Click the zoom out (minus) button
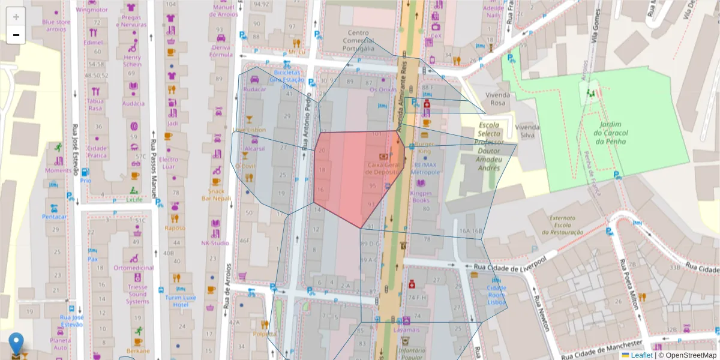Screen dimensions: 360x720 (16, 35)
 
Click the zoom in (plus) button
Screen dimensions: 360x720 (16, 16)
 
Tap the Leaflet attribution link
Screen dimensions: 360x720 (641, 355)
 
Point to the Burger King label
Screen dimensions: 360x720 (425, 148)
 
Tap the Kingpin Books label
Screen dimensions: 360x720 (421, 197)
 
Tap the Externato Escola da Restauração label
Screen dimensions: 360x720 (563, 225)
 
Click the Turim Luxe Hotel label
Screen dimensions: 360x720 (181, 301)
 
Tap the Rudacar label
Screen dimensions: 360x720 (254, 89)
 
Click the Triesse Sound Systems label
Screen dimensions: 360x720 (137, 294)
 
